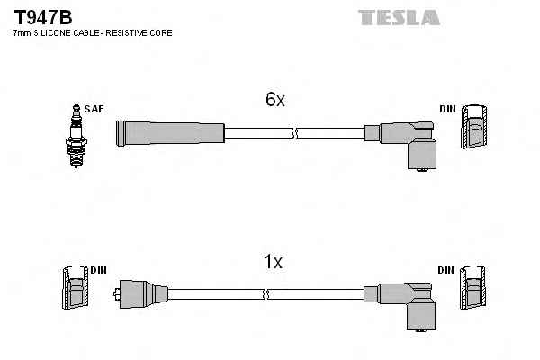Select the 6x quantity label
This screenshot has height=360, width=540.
pyautogui.click(x=275, y=101)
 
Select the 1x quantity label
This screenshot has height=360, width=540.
pyautogui.click(x=273, y=263)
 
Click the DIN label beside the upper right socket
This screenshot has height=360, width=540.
pyautogui.click(x=448, y=109)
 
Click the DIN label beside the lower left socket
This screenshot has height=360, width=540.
pyautogui.click(x=99, y=269)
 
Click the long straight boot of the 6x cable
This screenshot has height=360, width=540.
pyautogui.click(x=169, y=133)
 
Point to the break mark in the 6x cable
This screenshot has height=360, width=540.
pyautogui.click(x=294, y=134)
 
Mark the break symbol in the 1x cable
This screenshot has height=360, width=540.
pyautogui.click(x=265, y=293)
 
